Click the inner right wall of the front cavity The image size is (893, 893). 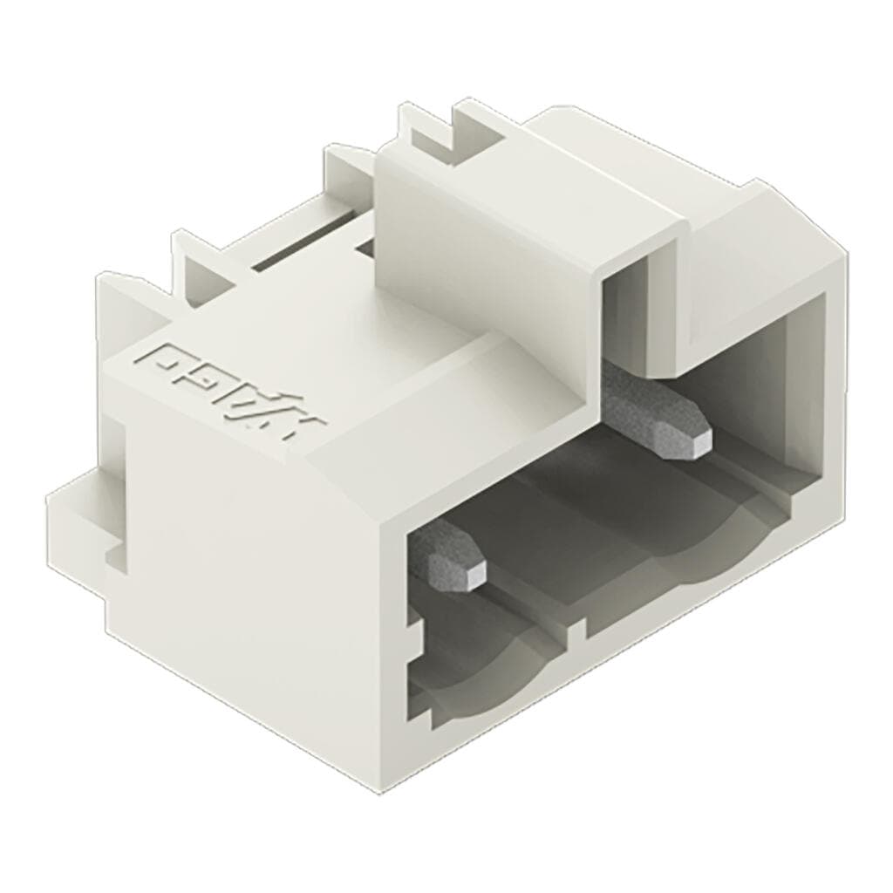[798, 392]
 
